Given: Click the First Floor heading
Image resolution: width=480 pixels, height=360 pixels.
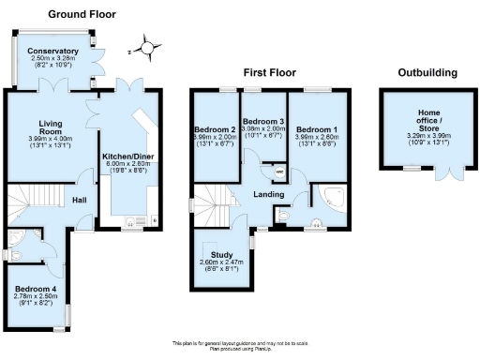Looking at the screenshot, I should click(269, 72).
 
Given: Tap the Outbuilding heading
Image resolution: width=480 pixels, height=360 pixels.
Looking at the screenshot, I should click(427, 72).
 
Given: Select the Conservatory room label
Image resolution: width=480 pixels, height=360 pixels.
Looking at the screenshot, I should click(52, 51).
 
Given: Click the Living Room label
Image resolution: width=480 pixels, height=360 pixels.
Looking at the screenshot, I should click(51, 127).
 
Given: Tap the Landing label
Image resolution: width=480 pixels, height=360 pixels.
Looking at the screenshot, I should click(268, 194).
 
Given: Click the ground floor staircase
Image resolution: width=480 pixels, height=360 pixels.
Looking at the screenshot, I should click(32, 206).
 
